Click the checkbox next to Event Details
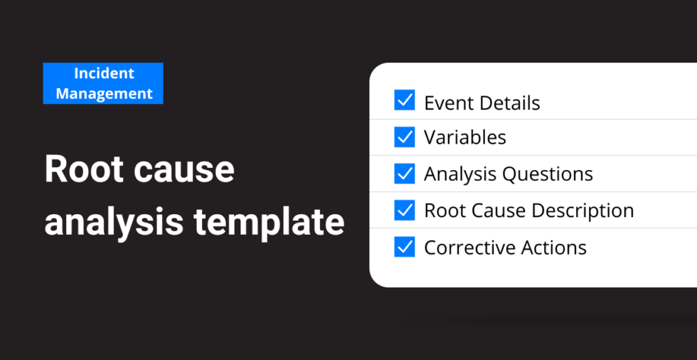[x=405, y=100]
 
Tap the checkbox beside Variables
[x=405, y=137]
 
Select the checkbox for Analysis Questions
[x=405, y=174]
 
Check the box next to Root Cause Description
[x=405, y=210]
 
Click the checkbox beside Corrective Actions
[x=405, y=247]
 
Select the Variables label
[x=465, y=137]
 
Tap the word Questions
[x=548, y=174]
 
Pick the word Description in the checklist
[x=582, y=211]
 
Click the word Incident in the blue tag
[x=104, y=73]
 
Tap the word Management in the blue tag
[x=104, y=94]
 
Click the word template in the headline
[x=269, y=223]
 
